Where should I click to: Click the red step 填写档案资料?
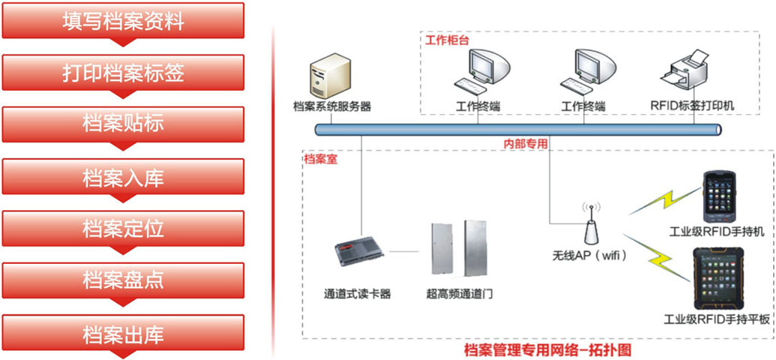(123, 21)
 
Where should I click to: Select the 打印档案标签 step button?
(123, 73)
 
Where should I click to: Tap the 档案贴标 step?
(123, 124)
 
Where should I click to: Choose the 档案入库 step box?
(123, 177)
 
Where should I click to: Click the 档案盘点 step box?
(123, 280)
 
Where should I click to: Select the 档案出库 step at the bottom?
(123, 333)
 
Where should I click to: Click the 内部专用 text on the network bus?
(525, 142)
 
